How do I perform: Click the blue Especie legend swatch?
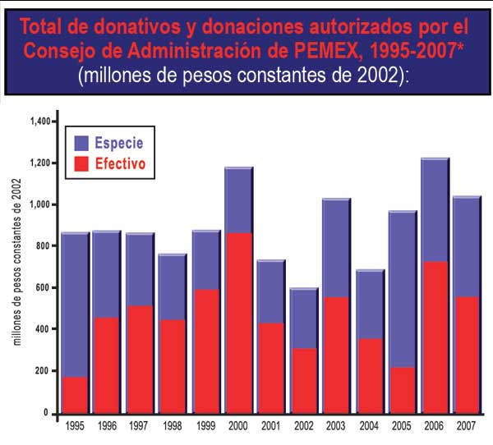(81, 143)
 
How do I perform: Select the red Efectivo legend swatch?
(81, 163)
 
